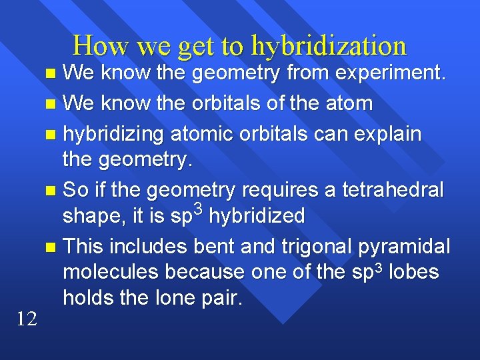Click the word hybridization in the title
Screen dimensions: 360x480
click(x=329, y=47)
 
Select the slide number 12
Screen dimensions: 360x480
click(x=27, y=319)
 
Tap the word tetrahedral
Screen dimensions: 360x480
click(x=392, y=191)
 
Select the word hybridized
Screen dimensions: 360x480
click(x=257, y=216)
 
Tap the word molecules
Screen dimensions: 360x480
click(x=110, y=272)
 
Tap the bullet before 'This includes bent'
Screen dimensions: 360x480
click(x=52, y=247)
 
